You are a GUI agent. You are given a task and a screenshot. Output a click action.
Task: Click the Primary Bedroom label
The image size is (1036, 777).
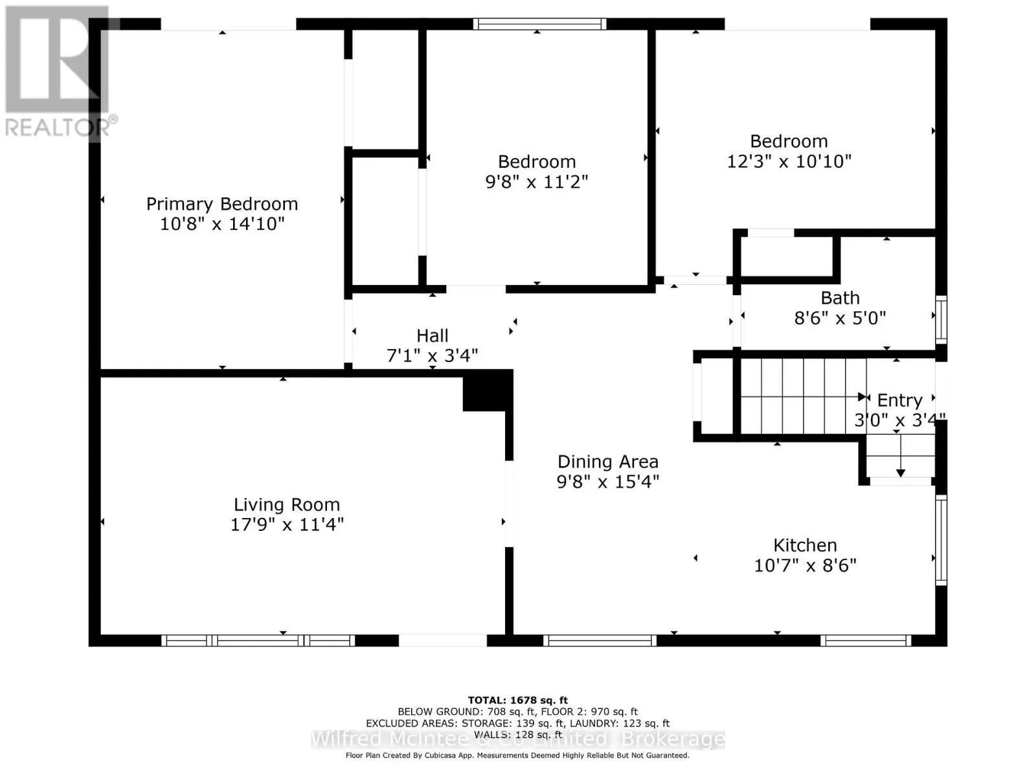point(222,205)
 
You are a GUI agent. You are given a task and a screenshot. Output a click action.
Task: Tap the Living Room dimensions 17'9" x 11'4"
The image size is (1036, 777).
point(287,524)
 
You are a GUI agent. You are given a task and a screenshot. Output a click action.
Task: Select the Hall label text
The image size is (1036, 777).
point(433,336)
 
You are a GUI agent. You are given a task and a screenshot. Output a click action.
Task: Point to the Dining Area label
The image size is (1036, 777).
point(608,462)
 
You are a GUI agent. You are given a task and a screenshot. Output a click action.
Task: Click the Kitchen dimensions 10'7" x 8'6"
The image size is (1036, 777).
point(805,565)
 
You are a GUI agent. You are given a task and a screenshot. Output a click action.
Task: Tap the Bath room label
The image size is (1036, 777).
point(840,298)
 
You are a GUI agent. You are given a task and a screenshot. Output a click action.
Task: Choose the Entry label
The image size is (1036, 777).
point(899,401)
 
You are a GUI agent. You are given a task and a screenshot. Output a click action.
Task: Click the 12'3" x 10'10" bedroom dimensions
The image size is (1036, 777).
point(789,161)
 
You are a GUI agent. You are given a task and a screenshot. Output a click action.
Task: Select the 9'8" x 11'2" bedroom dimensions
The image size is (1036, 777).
point(537,182)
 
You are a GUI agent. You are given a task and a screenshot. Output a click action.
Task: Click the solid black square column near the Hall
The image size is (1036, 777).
point(488,390)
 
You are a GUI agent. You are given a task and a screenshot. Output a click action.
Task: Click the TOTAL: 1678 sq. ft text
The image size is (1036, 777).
point(518,701)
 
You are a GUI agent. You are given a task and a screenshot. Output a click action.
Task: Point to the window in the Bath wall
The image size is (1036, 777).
point(941,319)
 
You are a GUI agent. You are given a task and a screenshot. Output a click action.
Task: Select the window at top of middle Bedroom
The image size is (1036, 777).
point(539,24)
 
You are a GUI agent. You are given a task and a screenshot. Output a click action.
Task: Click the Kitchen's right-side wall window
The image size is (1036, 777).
point(941,540)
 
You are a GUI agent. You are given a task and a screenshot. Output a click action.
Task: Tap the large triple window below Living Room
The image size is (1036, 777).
point(258,640)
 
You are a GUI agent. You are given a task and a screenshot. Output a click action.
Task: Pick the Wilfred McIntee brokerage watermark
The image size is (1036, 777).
point(518,739)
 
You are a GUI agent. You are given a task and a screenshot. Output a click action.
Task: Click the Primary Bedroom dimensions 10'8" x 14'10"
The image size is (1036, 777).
point(222,223)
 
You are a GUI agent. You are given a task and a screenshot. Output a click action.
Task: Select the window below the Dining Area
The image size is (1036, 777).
point(600,640)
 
